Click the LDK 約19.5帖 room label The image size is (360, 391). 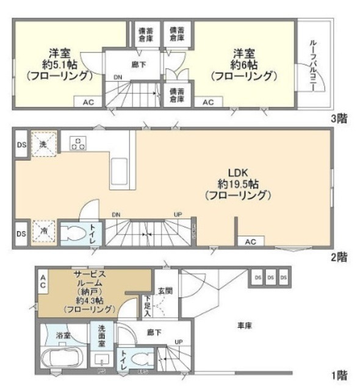pyautogui.click(x=238, y=183)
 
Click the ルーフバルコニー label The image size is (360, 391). pyautogui.click(x=312, y=65)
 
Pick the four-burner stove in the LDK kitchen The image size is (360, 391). pyautogui.click(x=78, y=144)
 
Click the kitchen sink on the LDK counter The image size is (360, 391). pyautogui.click(x=119, y=166)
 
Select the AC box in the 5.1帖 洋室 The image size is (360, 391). pyautogui.click(x=87, y=103)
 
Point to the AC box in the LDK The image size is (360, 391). pyautogui.click(x=251, y=242)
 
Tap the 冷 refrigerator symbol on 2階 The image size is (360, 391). pyautogui.click(x=44, y=232)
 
